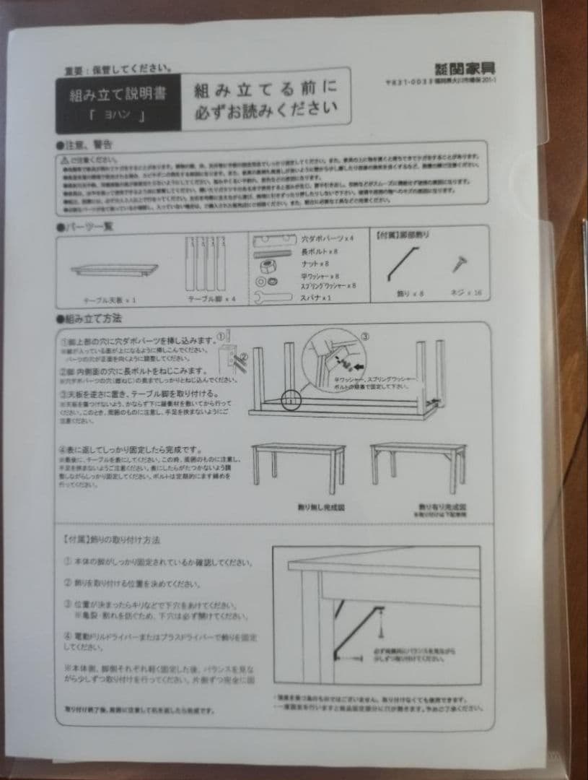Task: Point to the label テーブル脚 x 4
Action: [211, 298]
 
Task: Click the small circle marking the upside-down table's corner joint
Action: [291, 399]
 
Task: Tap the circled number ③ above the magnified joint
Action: [365, 337]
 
